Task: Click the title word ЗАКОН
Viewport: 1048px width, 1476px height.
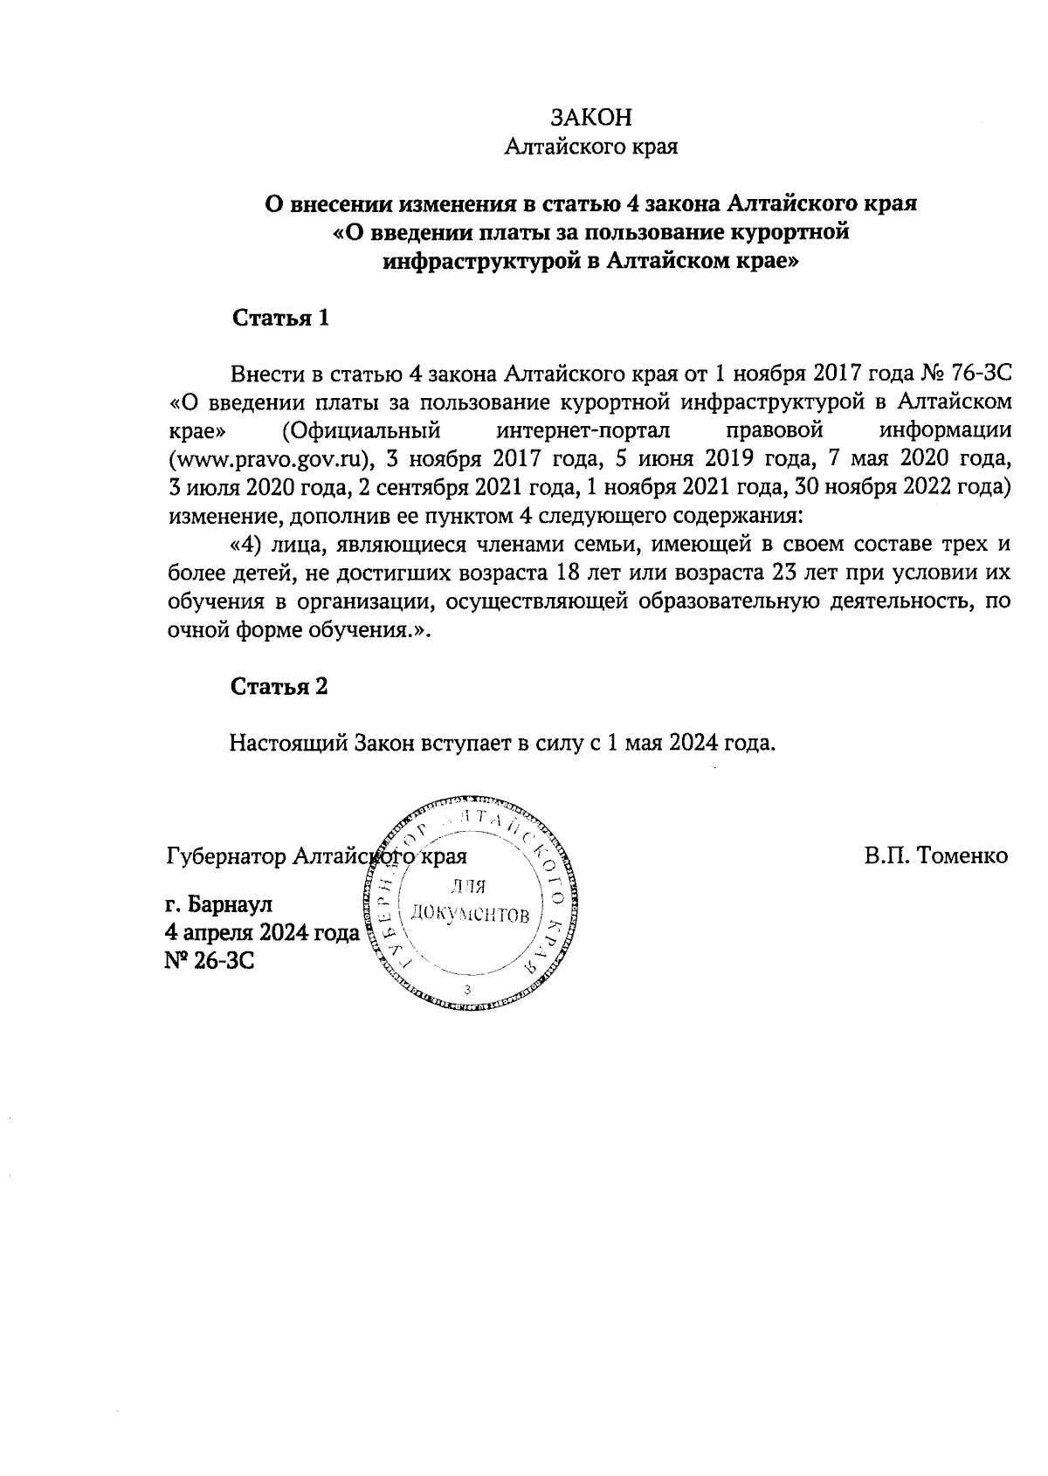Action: click(x=591, y=118)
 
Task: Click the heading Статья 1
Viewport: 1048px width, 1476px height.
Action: click(x=279, y=318)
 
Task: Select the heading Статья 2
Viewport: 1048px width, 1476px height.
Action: click(x=279, y=686)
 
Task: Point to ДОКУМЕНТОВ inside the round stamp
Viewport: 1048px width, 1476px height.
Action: click(x=470, y=914)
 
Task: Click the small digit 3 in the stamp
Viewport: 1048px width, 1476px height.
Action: click(x=469, y=989)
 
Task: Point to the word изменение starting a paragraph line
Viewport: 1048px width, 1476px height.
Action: click(x=220, y=514)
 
